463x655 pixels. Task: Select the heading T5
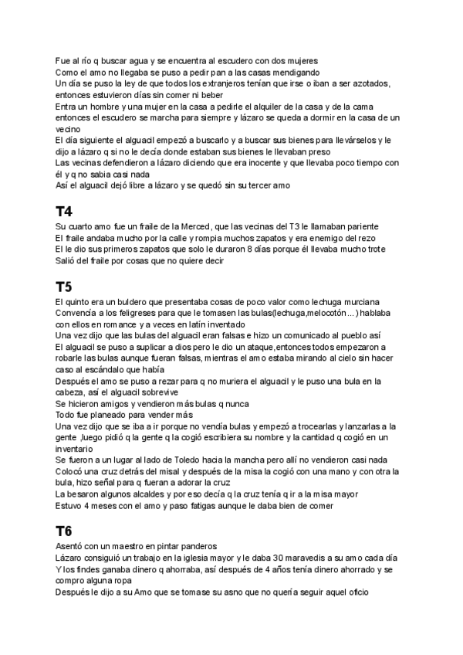click(x=65, y=286)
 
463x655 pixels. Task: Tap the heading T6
click(x=65, y=531)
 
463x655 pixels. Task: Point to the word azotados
click(x=369, y=83)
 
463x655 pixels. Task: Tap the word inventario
click(x=77, y=449)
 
